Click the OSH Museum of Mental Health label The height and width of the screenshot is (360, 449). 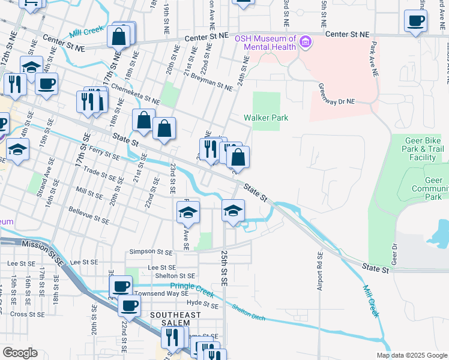(265, 43)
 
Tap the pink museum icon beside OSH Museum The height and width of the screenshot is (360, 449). (306, 42)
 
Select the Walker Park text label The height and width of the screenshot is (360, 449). (266, 118)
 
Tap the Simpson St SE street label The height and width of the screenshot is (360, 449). (149, 252)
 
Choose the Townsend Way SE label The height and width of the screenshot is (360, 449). (161, 293)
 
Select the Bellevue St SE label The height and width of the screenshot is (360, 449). (89, 216)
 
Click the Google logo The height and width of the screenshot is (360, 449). (20, 353)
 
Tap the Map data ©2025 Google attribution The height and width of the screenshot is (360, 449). (412, 355)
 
